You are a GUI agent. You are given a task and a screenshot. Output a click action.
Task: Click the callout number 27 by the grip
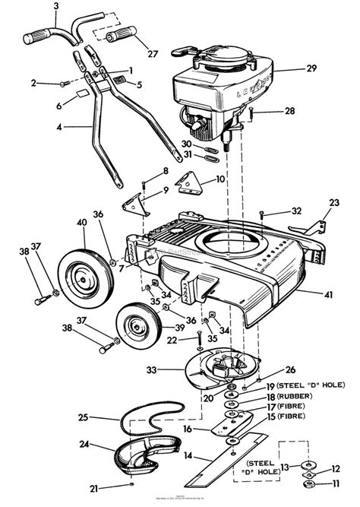click(153, 54)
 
